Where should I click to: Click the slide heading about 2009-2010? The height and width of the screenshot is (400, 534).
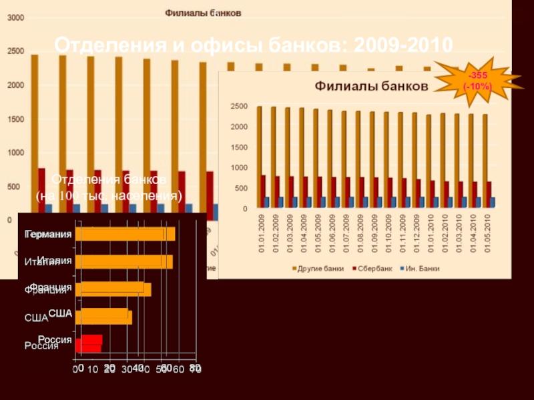253,45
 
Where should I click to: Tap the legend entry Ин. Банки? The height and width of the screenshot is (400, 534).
425,269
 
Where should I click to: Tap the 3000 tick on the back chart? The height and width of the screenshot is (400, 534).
13,18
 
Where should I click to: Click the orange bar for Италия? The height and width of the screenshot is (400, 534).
123,261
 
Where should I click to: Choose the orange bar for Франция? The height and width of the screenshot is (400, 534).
113,289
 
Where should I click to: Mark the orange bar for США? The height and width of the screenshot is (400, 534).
103,317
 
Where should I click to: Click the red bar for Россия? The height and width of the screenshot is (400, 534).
89,344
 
